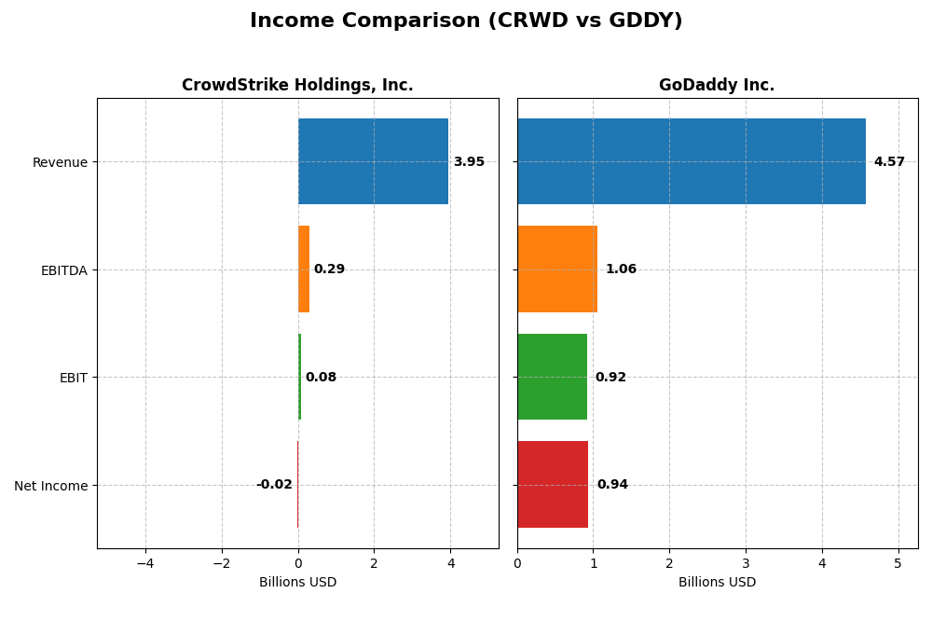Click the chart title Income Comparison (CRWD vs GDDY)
466,21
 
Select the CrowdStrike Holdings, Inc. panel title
297,85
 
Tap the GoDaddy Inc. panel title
717,85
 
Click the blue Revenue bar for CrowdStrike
373,161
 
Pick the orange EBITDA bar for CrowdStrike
304,269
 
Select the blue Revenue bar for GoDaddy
691,161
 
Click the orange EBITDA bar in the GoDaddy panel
557,269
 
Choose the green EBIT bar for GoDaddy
552,377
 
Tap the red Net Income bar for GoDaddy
553,484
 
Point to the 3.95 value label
469,162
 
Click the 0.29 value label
329,269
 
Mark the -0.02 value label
274,485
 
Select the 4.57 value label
889,162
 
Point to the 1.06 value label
621,269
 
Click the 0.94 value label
612,485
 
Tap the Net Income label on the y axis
51,486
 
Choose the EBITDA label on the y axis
64,270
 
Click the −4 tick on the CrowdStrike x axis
145,563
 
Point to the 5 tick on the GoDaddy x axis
898,563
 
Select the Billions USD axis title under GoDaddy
717,583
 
